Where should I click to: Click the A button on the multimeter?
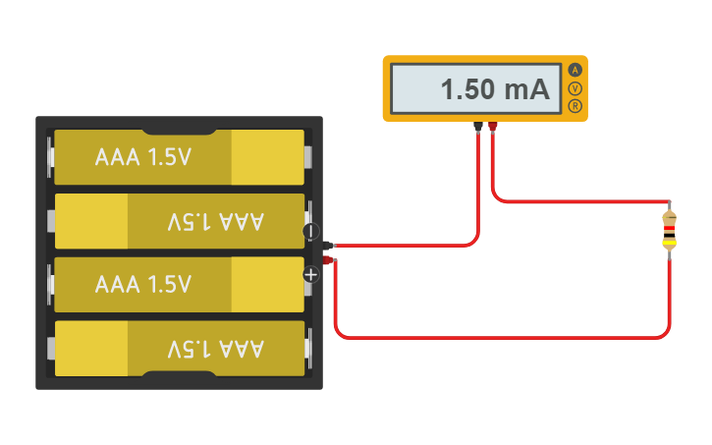coord(575,70)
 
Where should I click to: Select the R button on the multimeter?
coord(575,106)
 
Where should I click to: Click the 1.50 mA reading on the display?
coord(494,89)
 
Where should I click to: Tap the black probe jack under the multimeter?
coord(478,126)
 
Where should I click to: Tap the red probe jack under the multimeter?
coord(492,126)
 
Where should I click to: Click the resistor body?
coord(669,230)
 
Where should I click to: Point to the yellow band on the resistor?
coord(669,243)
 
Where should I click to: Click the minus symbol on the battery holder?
coord(310,232)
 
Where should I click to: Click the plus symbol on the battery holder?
coord(311,274)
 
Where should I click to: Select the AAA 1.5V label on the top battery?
coord(142,157)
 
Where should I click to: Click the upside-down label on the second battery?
coord(216,221)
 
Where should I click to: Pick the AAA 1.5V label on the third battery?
coord(142,285)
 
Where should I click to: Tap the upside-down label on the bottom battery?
coord(216,349)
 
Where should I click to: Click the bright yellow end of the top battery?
coord(266,157)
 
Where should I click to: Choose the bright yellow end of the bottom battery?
coord(91,349)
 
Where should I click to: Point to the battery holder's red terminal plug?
coord(330,259)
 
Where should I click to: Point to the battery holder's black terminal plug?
coord(330,245)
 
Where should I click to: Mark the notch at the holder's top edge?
coord(179,128)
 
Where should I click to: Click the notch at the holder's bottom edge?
coord(179,376)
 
